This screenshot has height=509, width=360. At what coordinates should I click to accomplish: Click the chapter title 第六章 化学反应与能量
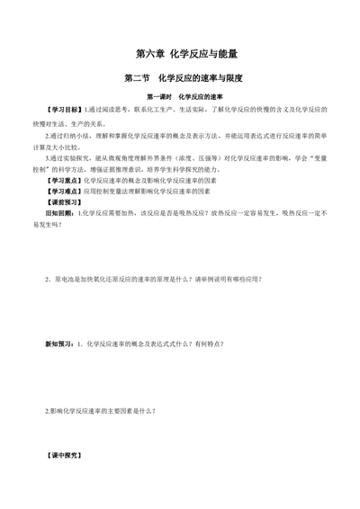click(180, 53)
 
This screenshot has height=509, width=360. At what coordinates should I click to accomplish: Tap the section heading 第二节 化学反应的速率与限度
click(180, 79)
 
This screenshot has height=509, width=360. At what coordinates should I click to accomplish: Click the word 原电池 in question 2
click(65, 280)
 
